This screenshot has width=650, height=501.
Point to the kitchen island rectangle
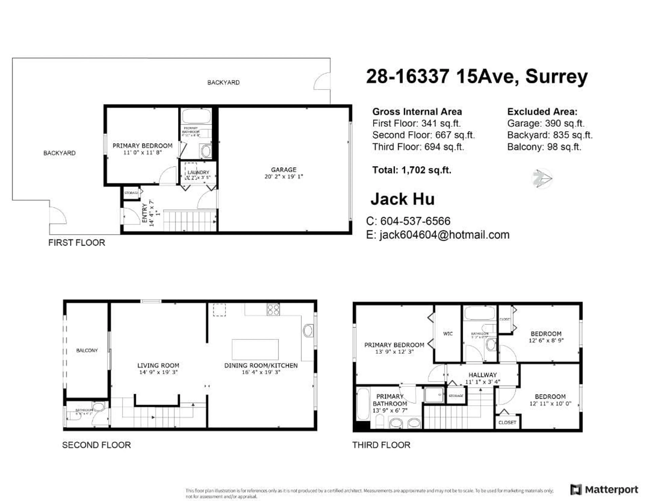pyautogui.click(x=255, y=349)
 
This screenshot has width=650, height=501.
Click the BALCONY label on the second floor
pyautogui.click(x=87, y=350)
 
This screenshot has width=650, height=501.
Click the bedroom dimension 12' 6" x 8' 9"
pyautogui.click(x=546, y=340)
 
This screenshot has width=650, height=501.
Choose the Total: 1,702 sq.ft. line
pyautogui.click(x=412, y=170)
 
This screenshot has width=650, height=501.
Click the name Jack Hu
pyautogui.click(x=402, y=199)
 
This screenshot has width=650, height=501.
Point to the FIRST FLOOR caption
pyautogui.click(x=77, y=243)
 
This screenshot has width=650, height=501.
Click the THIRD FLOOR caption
pyautogui.click(x=381, y=445)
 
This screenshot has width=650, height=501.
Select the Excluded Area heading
pyautogui.click(x=542, y=112)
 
